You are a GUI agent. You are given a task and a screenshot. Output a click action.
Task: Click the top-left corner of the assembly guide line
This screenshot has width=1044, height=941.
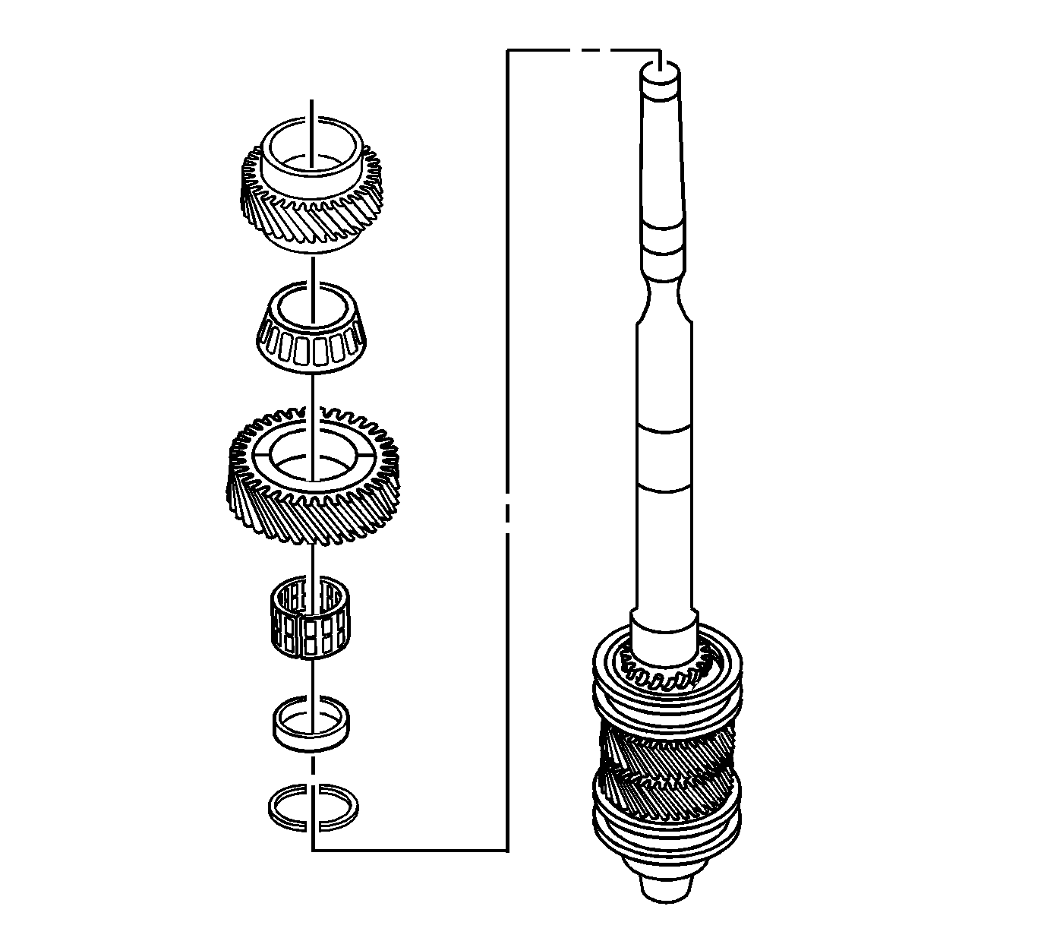(x=507, y=51)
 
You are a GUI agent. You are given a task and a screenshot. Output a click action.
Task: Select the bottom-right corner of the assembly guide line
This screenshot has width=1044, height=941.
(x=507, y=850)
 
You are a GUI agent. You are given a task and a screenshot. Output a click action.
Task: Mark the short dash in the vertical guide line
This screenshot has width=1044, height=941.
(x=507, y=513)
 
